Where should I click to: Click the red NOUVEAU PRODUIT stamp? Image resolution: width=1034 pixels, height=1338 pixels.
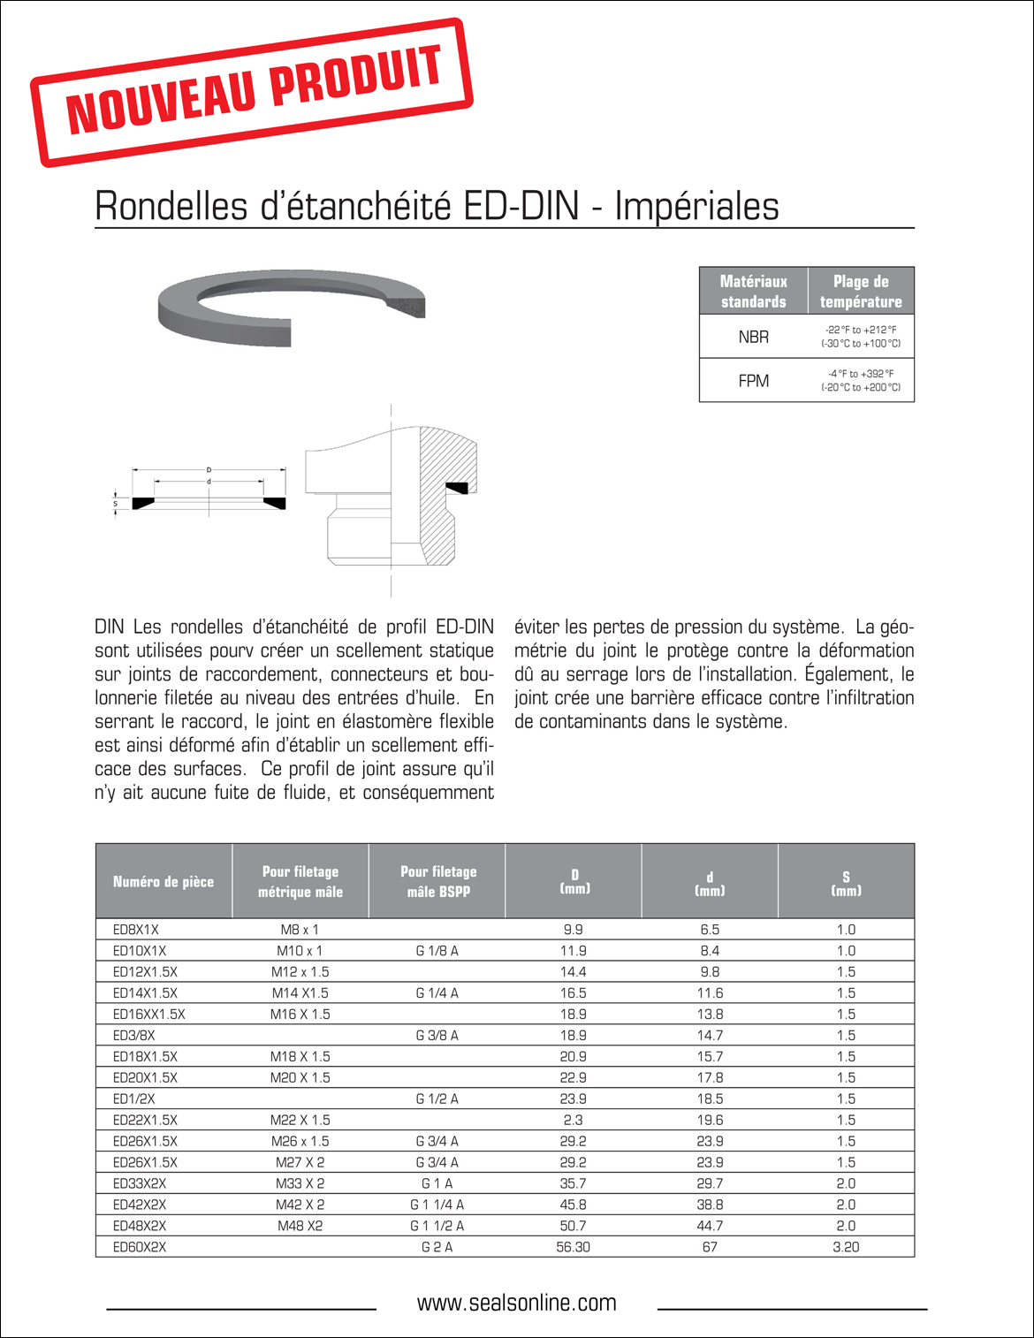[252, 92]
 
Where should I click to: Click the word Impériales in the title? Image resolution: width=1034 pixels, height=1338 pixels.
[696, 207]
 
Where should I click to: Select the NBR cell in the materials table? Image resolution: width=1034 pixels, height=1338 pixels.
[753, 337]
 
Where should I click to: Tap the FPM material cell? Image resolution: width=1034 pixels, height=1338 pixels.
[753, 381]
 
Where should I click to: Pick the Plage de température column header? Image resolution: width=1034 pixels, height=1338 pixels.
[860, 292]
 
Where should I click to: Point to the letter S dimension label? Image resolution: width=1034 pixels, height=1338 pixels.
[115, 503]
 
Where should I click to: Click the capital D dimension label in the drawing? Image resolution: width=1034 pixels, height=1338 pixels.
[209, 469]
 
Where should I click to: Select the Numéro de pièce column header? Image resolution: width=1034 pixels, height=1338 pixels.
[163, 881]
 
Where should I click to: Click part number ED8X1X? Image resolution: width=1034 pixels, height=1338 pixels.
[135, 930]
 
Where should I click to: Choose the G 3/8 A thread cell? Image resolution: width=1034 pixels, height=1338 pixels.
[437, 1036]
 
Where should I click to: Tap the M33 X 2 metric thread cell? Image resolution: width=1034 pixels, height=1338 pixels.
[300, 1184]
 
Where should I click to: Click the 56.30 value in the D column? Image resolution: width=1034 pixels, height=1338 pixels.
[573, 1247]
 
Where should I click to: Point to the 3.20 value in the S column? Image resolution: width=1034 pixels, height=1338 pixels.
[846, 1247]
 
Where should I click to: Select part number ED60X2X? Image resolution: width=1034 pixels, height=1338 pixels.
[140, 1247]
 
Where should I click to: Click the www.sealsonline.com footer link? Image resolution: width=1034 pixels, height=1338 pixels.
[516, 1303]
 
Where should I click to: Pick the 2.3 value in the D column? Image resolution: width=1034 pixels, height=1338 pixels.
[573, 1120]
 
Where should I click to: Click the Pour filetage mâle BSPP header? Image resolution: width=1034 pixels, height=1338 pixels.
[437, 881]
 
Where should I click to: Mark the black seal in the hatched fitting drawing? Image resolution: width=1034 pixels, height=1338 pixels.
[457, 487]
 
